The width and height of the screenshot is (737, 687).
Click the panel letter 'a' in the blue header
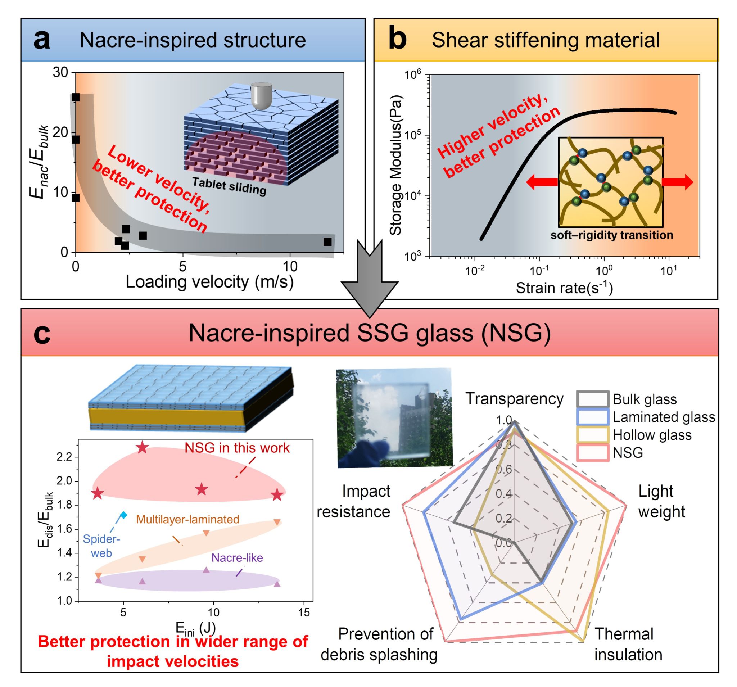41,40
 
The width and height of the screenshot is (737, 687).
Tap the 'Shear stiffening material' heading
545,40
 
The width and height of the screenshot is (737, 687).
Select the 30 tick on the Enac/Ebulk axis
60,72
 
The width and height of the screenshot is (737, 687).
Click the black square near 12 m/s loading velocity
327,242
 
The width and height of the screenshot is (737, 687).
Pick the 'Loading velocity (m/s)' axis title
209,282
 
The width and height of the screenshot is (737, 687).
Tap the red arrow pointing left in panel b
542,182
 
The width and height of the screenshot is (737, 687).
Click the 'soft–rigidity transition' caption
612,235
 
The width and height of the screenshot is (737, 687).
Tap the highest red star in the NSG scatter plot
143,448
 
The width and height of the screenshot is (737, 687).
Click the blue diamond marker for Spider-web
124,515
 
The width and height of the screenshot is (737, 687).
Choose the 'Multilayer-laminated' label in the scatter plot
187,519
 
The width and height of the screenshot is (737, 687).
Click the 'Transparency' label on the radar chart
514,398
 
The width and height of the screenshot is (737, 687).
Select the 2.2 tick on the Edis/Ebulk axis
66,457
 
